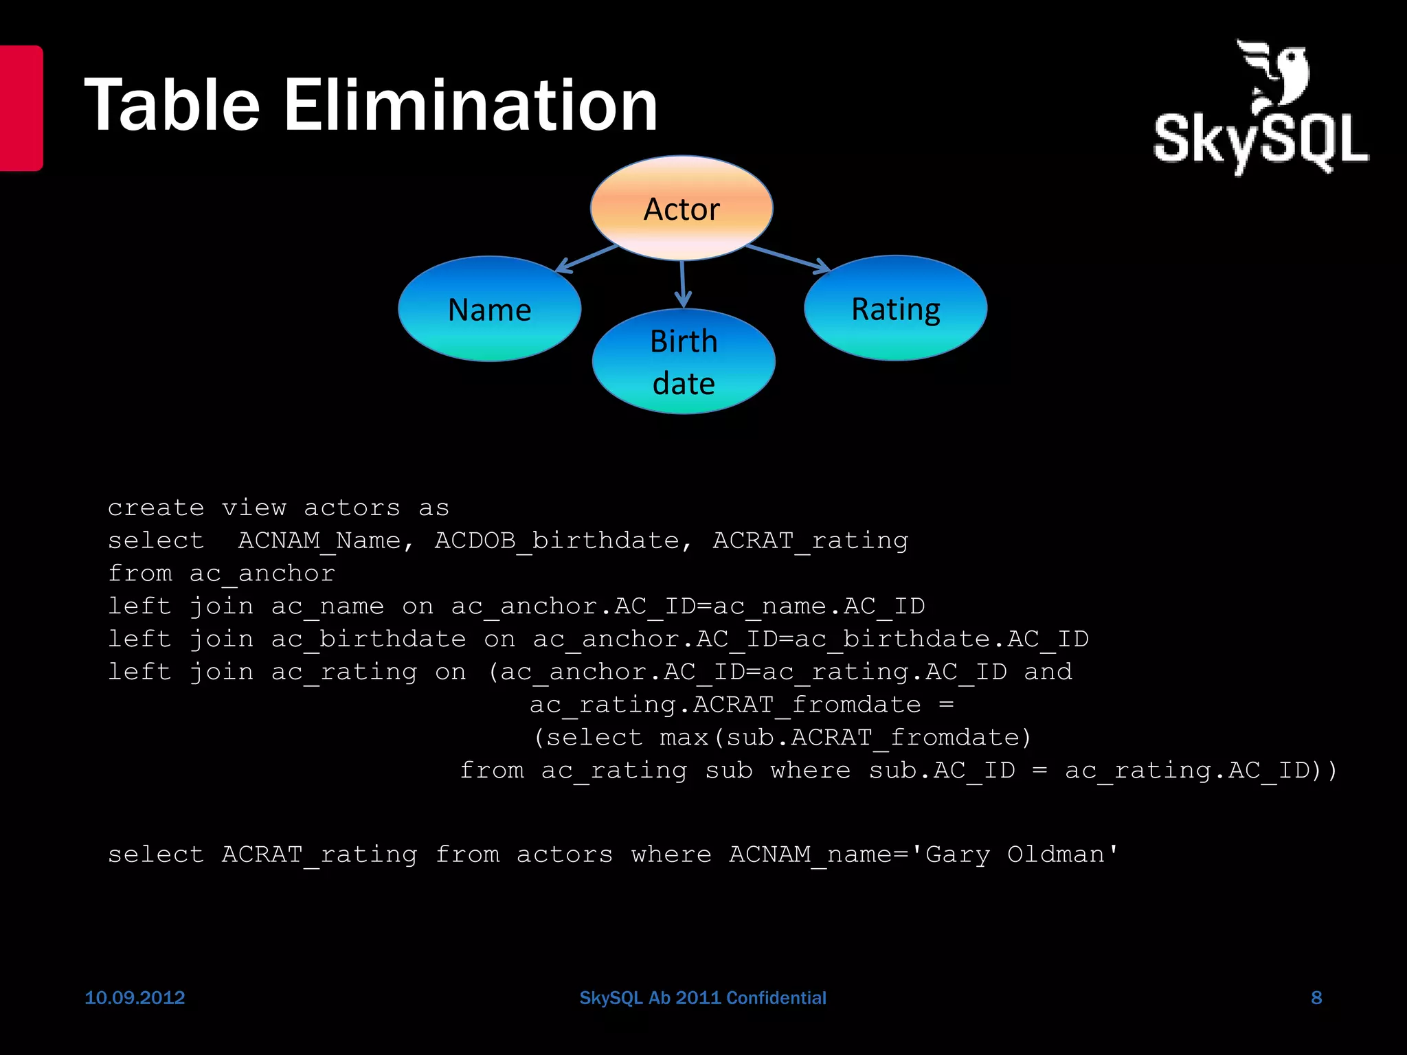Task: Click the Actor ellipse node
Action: click(682, 208)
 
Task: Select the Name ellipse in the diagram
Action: click(489, 309)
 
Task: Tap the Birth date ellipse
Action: click(684, 361)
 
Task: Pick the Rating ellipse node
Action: click(895, 308)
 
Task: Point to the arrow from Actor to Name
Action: click(587, 258)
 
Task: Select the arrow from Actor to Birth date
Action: click(682, 284)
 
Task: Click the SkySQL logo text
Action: click(1261, 141)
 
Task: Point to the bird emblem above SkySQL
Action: click(1275, 76)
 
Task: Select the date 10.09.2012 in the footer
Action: click(135, 997)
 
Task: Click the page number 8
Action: click(1316, 997)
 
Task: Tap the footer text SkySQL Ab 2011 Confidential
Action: click(703, 997)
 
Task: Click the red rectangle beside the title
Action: click(21, 108)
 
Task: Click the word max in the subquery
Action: click(684, 738)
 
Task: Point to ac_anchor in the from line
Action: click(262, 574)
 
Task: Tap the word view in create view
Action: click(254, 508)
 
